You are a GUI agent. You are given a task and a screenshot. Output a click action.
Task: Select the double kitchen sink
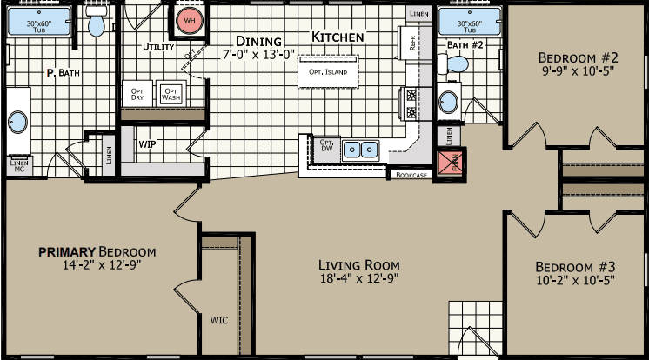[361, 150]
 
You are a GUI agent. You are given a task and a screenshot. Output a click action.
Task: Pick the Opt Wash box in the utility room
[171, 94]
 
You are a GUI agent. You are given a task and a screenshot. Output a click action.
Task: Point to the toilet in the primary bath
[96, 23]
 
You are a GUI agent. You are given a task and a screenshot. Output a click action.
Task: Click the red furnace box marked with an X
[451, 163]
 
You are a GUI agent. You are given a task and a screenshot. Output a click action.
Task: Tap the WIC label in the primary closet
[219, 319]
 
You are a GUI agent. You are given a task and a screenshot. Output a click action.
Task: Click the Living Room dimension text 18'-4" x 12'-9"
[358, 280]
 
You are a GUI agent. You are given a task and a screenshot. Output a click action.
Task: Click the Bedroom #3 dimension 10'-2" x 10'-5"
[575, 281]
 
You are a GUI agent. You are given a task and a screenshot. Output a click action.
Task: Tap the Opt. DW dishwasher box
[327, 147]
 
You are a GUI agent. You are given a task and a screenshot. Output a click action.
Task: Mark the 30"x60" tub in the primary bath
[37, 23]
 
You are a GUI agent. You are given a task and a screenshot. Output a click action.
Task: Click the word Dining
[258, 41]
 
